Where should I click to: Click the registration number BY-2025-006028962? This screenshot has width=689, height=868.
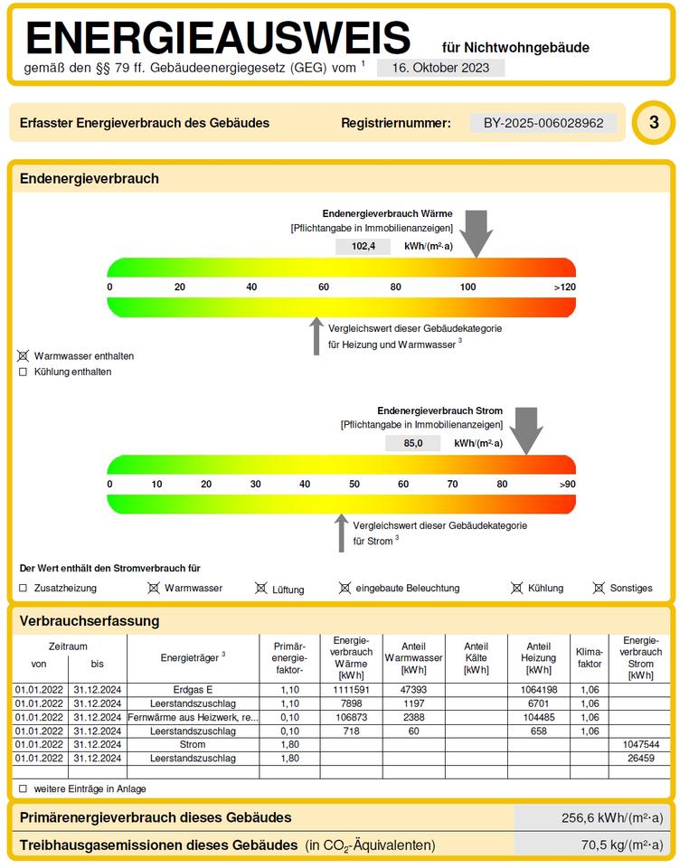point(543,123)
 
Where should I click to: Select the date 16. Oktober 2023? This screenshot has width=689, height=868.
point(440,68)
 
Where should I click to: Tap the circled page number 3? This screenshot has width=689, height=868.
point(653,124)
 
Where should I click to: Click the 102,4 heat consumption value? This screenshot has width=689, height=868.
point(363,246)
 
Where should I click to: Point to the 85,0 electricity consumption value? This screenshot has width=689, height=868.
point(413,443)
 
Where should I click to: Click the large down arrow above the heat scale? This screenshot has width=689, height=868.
point(476,233)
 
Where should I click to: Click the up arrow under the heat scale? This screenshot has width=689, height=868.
point(316,335)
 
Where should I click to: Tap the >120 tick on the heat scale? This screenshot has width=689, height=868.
point(564,288)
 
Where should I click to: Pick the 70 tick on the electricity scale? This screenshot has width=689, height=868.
point(453,485)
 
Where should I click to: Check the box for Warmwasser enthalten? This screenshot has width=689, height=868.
point(24,356)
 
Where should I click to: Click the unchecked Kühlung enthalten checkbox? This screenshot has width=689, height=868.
point(24,372)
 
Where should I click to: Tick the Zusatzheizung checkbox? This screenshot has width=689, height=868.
point(24,588)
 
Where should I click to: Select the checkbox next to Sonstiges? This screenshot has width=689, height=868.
point(599,588)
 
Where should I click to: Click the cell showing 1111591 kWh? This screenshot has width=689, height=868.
point(352,690)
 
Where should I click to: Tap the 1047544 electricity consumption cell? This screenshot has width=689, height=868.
point(640,744)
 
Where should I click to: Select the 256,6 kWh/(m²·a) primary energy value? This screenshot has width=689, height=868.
point(612,817)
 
